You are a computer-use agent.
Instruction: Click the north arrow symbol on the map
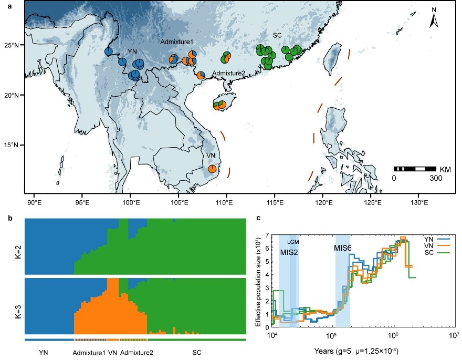[434, 19]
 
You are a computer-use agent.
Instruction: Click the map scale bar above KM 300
[414, 169]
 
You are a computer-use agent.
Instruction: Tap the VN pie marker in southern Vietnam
[212, 169]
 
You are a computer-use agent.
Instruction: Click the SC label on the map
[278, 35]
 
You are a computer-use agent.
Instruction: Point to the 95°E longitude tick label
[82, 202]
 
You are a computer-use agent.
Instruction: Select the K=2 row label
[16, 245]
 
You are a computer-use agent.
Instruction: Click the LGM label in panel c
[293, 241]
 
